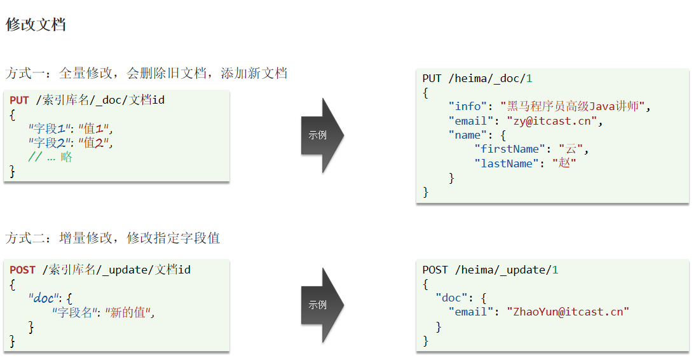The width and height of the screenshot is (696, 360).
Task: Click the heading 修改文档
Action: pyautogui.click(x=36, y=25)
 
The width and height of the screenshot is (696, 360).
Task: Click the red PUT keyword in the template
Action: pyautogui.click(x=19, y=100)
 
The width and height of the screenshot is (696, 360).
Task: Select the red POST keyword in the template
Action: pyautogui.click(x=22, y=270)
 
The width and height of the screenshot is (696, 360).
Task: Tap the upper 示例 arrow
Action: pyautogui.click(x=321, y=135)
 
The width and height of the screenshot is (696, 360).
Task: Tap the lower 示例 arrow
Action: pyautogui.click(x=321, y=305)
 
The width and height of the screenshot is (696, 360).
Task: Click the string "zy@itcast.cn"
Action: pyautogui.click(x=552, y=121)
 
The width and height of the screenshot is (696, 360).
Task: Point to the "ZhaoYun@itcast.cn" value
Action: pyautogui.click(x=567, y=312)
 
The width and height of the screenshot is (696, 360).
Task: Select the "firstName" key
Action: pyautogui.click(x=510, y=149)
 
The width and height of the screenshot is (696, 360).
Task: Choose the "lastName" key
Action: pyautogui.click(x=507, y=163)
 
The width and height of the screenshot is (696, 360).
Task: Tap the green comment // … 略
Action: pyautogui.click(x=50, y=157)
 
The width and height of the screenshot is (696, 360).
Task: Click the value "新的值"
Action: pyautogui.click(x=130, y=312)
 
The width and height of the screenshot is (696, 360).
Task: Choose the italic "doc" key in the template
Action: pyautogui.click(x=43, y=298)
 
